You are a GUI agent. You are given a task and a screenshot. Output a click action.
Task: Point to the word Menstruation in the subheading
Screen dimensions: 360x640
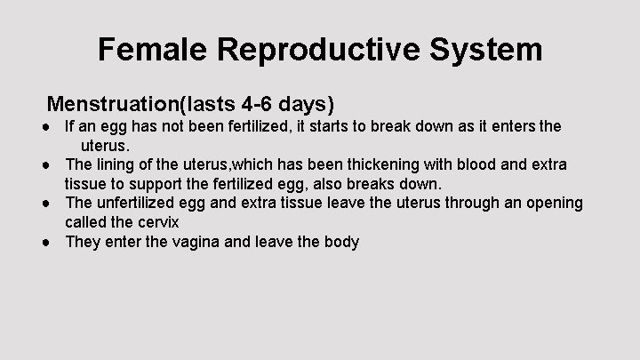(x=113, y=104)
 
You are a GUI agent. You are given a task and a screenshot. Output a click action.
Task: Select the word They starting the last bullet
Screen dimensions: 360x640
(x=82, y=242)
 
